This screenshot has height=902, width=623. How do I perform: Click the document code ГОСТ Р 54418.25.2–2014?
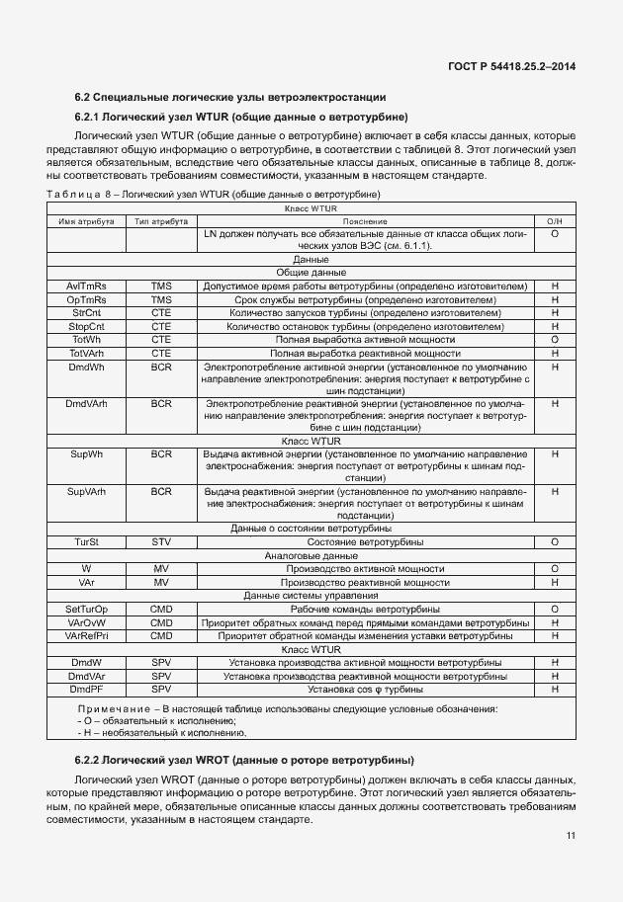521,66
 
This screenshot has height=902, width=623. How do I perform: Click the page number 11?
571,836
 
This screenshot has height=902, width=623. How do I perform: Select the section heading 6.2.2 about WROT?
244,760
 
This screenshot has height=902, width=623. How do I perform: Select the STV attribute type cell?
161,542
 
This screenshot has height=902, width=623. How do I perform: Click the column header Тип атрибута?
161,222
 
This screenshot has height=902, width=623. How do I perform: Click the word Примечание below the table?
113,709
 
